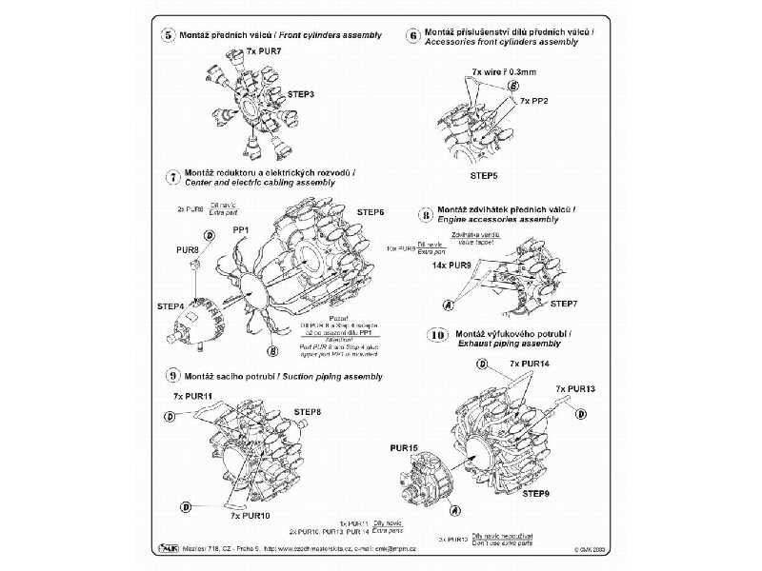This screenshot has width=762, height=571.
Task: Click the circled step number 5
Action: [x=170, y=35]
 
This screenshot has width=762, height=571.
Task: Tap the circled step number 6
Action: [x=413, y=35]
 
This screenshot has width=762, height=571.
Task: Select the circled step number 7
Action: [x=172, y=177]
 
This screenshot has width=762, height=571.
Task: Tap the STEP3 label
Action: [x=302, y=95]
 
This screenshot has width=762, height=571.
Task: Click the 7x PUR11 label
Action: [x=192, y=395]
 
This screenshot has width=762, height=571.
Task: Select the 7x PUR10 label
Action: [x=250, y=514]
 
